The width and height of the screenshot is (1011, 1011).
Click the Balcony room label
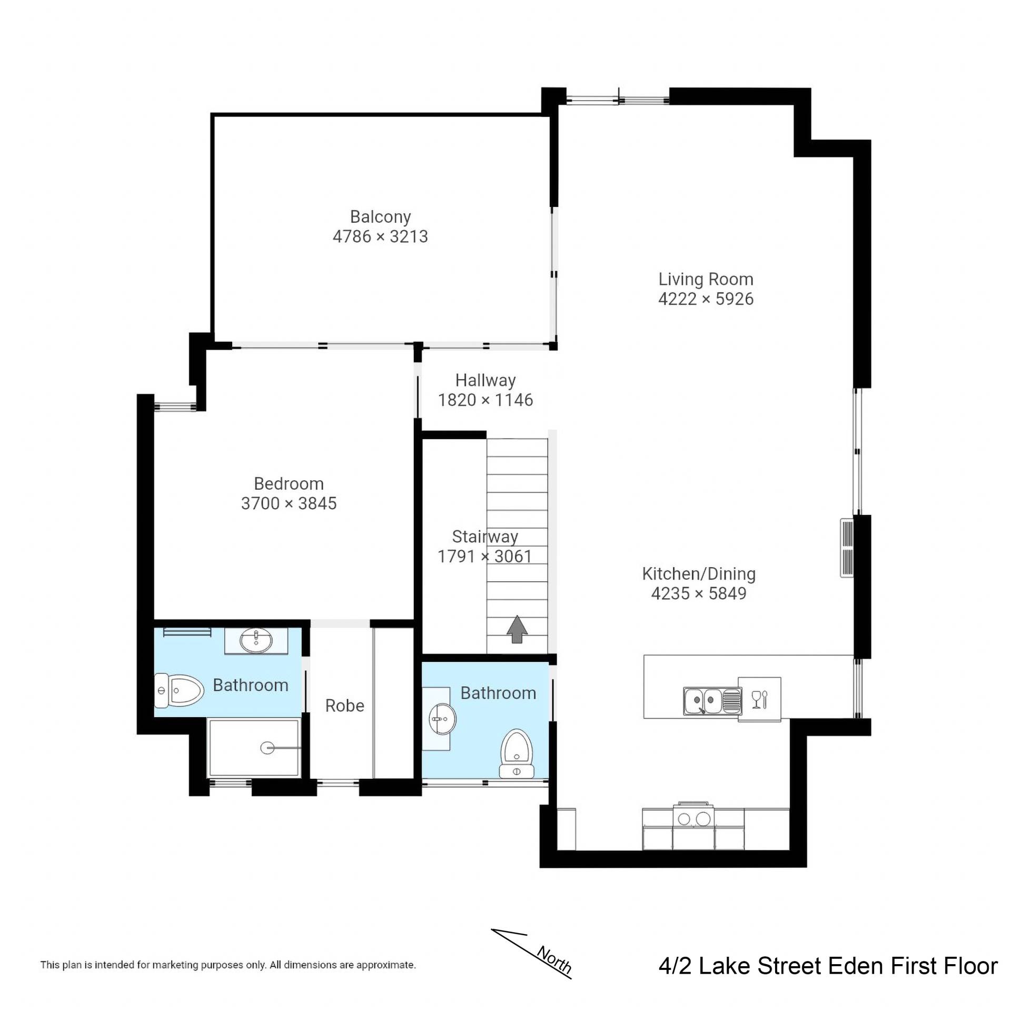coord(380,217)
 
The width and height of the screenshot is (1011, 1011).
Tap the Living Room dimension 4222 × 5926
coord(706,299)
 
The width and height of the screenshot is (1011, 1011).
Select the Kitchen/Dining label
coord(699,574)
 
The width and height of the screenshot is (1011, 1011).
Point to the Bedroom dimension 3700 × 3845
coord(289,503)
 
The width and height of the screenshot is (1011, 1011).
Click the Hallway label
coord(485,380)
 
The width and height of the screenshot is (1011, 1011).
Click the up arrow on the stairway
coord(517,629)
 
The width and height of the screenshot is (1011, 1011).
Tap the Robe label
coord(345,706)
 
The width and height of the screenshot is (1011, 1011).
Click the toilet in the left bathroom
coord(179,690)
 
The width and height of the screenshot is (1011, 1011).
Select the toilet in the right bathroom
coord(517,754)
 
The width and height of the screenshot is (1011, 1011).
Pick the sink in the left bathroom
coord(256,641)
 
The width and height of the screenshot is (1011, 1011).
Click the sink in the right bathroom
coord(442,718)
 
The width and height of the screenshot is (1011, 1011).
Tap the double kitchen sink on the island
coord(712,701)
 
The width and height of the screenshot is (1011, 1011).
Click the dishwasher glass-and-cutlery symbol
coord(760,699)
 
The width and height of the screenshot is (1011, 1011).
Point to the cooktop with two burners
coord(693,819)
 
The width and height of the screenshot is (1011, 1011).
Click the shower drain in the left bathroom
coord(267,747)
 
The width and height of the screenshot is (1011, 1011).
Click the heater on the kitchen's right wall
coord(847,548)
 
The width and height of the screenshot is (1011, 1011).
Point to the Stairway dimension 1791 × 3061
coord(485,557)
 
